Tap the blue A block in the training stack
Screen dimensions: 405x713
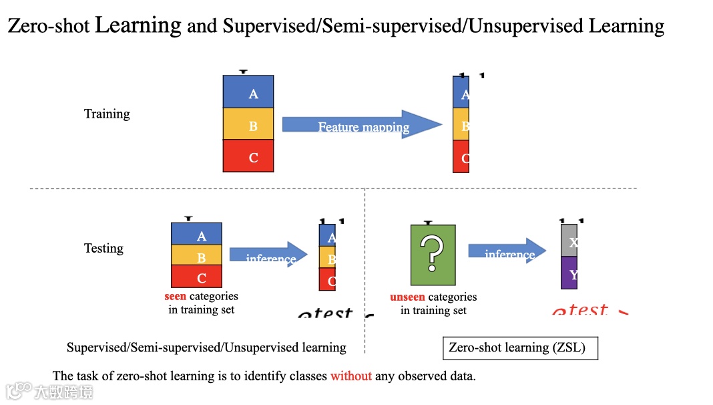click(x=248, y=92)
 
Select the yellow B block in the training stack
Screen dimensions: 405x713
click(x=248, y=124)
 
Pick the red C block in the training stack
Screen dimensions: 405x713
click(x=248, y=156)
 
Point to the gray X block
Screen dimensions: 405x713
click(x=569, y=241)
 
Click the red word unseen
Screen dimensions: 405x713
click(x=407, y=297)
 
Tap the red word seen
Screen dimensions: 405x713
click(x=175, y=296)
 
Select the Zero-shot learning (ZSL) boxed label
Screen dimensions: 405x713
click(x=520, y=348)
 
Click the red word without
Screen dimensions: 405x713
click(x=350, y=376)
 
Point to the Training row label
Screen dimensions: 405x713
click(x=107, y=114)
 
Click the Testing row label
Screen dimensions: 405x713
click(x=103, y=248)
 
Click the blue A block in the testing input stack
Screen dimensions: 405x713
click(x=196, y=234)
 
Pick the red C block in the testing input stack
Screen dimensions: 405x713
click(x=196, y=276)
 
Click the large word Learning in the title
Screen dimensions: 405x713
click(x=138, y=25)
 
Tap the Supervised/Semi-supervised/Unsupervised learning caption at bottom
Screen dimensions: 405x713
click(x=206, y=348)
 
